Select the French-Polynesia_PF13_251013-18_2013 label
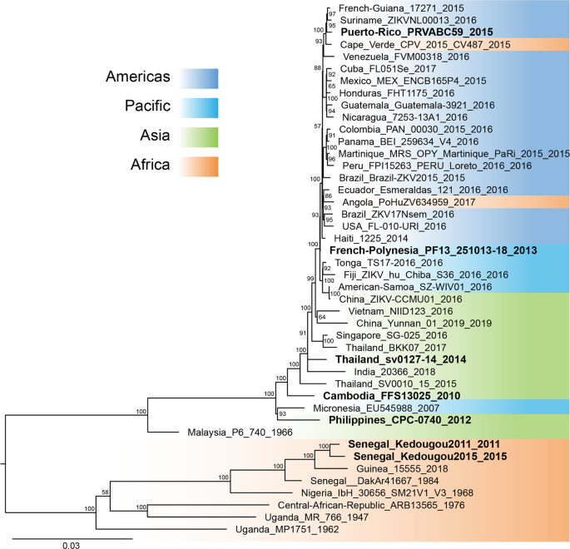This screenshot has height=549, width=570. point(433,250)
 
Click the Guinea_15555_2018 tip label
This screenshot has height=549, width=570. point(385,468)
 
